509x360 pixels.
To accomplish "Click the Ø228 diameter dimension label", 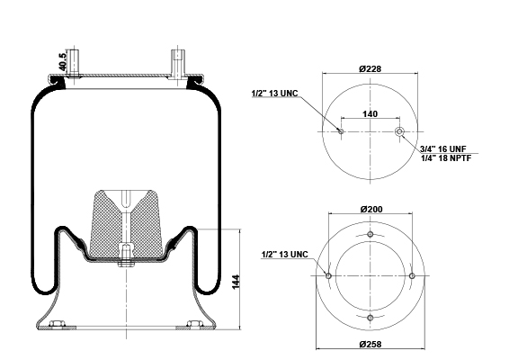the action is (371, 69).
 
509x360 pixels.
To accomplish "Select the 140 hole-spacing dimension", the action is (371, 114).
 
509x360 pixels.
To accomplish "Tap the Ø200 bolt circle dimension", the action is (371, 209).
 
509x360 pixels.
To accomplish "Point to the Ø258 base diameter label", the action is (371, 344).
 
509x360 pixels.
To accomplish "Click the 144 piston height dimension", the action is (236, 282).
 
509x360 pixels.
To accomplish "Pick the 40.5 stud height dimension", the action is (62, 62).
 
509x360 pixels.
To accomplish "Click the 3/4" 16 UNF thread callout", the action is (443, 149).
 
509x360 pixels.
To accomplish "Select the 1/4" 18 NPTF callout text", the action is (446, 158).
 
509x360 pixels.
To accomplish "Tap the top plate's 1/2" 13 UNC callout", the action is (274, 94).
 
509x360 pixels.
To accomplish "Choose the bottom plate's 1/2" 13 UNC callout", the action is (285, 254).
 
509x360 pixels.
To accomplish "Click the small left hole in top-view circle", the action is (341, 131).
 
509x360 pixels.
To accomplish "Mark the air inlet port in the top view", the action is (399, 131).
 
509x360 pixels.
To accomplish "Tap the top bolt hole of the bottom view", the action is (371, 234).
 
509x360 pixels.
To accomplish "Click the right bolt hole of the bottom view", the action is (412, 275).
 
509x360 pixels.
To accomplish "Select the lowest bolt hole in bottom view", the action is (371, 318).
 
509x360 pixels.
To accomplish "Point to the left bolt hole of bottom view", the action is (328, 275).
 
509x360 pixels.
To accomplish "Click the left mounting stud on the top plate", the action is (74, 63).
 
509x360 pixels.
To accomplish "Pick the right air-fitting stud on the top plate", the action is (178, 64).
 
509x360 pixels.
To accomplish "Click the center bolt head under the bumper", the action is (126, 263).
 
